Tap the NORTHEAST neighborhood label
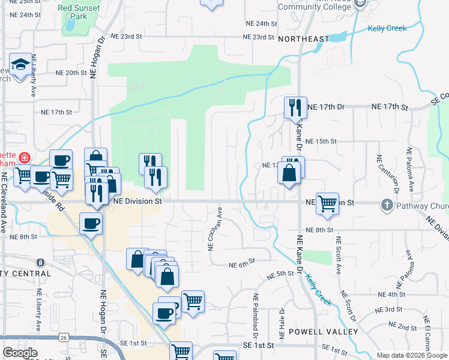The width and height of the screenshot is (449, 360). coord(304,39)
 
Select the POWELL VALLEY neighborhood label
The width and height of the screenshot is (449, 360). coord(324,332)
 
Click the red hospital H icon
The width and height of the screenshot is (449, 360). coord(24,158)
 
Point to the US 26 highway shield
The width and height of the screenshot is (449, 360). coord(64,338)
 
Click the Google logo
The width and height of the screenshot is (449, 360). coord(20,353)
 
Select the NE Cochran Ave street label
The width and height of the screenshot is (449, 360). coord(211,229)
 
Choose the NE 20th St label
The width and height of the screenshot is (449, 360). coord(71,73)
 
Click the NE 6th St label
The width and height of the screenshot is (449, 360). coord(242,263)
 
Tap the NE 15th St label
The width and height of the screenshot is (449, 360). coord(321,142)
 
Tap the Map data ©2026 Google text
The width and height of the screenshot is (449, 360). coord(412,355)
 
